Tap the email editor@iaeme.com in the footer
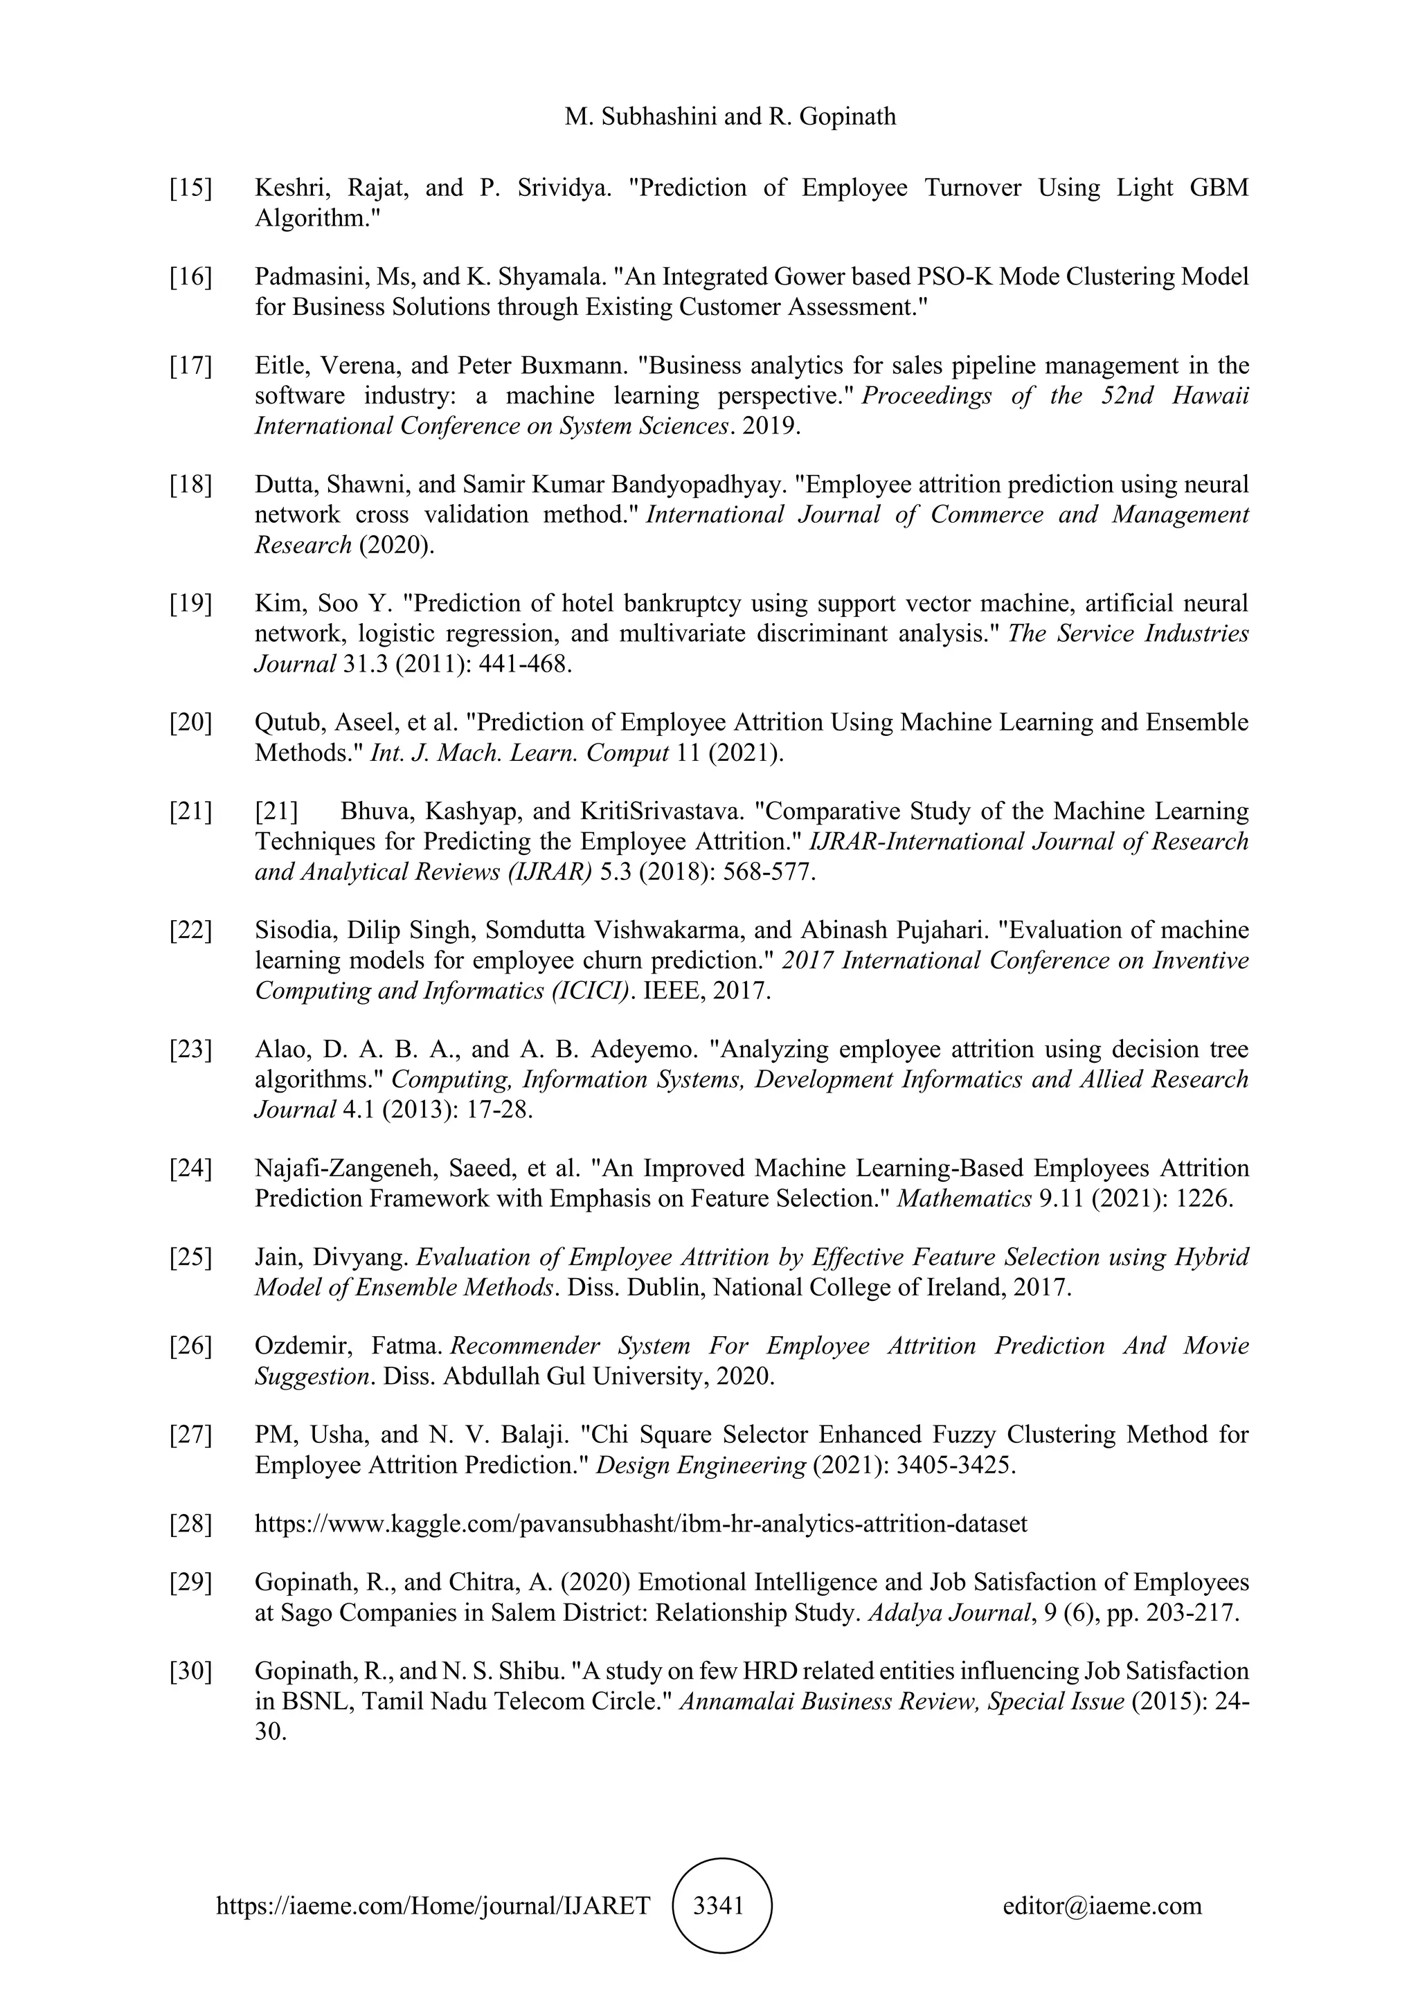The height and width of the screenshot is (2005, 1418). [1102, 1905]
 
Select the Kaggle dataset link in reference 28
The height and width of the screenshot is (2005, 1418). [640, 1524]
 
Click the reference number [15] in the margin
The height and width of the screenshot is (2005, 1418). [190, 188]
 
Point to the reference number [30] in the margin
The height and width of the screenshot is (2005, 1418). [190, 1671]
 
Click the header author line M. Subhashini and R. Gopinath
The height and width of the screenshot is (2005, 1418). [730, 116]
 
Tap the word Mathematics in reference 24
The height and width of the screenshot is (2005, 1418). [964, 1198]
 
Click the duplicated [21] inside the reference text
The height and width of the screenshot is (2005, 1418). [276, 811]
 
